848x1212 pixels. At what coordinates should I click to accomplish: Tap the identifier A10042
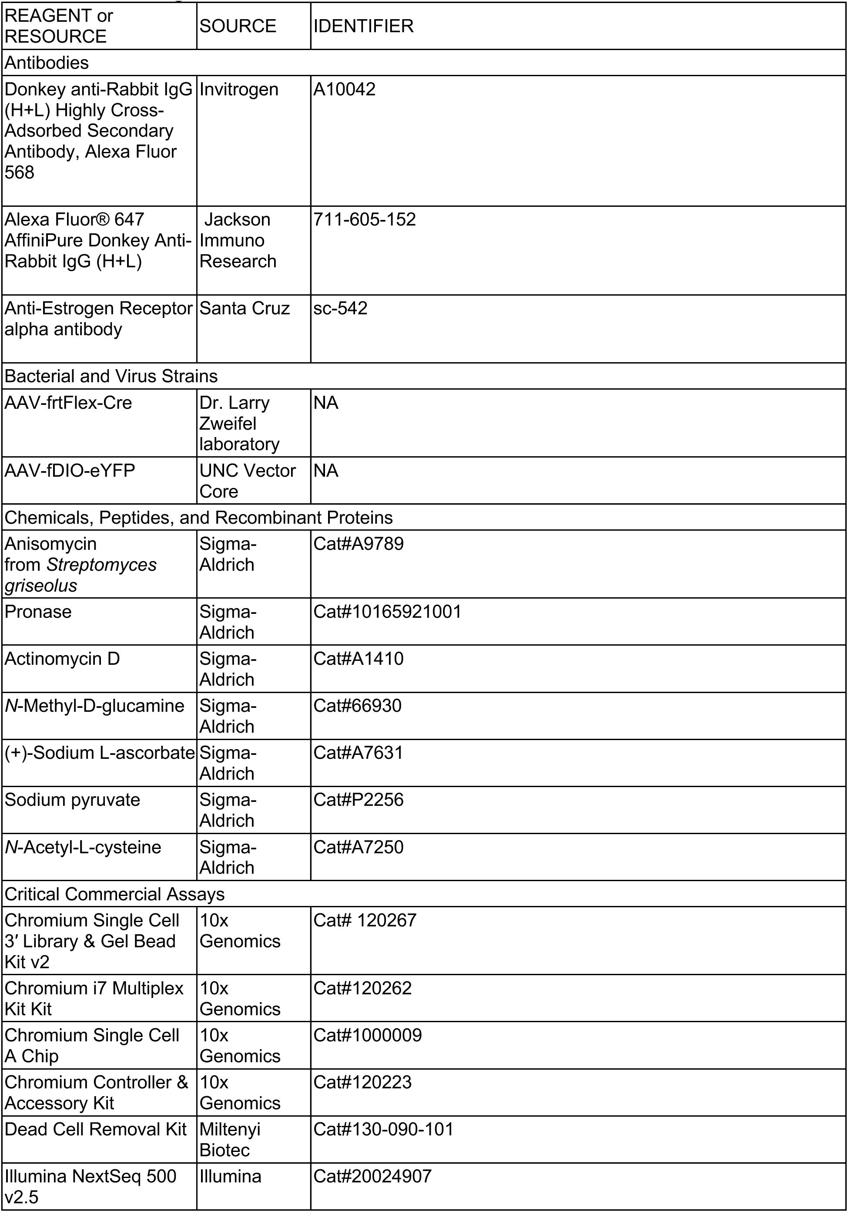345,89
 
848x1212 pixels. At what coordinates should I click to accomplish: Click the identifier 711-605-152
365,219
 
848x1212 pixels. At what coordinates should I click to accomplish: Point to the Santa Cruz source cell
245,308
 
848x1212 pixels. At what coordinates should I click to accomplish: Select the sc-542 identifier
340,308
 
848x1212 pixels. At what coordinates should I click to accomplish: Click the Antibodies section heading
47,63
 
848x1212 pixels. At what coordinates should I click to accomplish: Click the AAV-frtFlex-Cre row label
68,403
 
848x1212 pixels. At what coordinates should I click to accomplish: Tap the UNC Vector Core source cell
248,481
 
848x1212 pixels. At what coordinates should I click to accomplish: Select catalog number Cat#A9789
359,544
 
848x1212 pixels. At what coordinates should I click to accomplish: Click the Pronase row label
38,612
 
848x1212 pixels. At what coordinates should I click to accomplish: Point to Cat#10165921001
387,612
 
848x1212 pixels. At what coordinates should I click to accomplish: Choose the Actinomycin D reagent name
62,659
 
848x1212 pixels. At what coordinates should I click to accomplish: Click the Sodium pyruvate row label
72,800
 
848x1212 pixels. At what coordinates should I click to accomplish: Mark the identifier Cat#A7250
359,847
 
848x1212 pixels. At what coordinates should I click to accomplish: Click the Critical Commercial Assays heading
114,894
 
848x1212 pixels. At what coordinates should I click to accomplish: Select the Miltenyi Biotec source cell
230,1140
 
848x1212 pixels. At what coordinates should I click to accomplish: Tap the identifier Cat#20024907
372,1176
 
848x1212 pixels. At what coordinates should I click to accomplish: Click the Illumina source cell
231,1176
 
